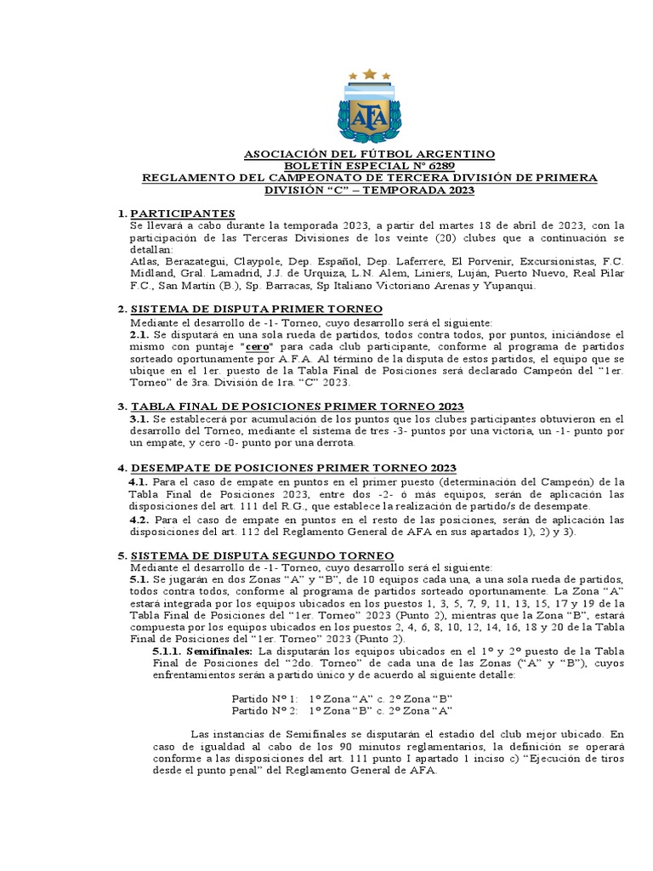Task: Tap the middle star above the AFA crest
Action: pyautogui.click(x=369, y=74)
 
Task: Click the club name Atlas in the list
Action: pyautogui.click(x=145, y=261)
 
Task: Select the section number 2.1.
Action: pyautogui.click(x=140, y=335)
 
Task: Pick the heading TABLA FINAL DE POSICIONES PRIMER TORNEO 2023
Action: pyautogui.click(x=296, y=407)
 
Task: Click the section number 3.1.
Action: pyautogui.click(x=140, y=418)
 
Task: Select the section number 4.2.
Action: pyautogui.click(x=140, y=519)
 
